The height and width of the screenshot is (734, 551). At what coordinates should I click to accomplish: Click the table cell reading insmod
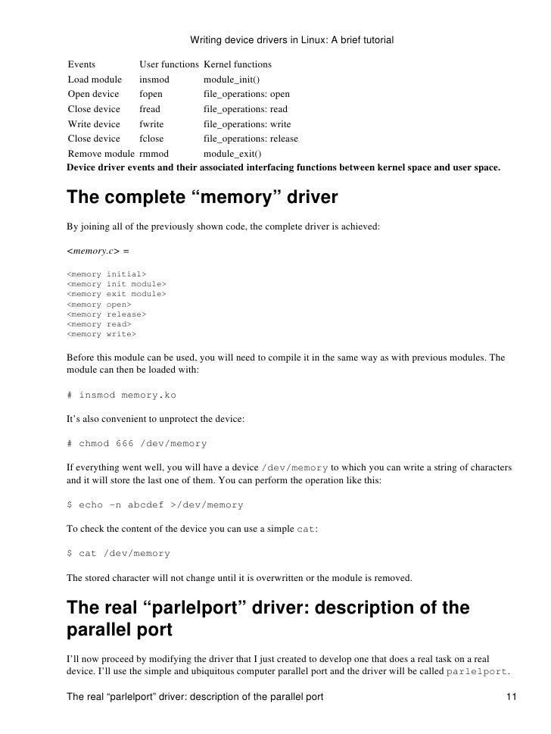pyautogui.click(x=154, y=80)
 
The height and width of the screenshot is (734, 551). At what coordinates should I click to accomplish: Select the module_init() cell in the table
pyautogui.click(x=232, y=80)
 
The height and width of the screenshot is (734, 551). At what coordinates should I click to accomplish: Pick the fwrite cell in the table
pyautogui.click(x=151, y=124)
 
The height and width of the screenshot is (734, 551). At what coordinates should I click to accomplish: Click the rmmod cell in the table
pyautogui.click(x=155, y=154)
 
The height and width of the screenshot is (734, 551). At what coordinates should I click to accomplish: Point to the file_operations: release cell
pyautogui.click(x=251, y=139)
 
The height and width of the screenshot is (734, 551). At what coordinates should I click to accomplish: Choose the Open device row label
pyautogui.click(x=93, y=95)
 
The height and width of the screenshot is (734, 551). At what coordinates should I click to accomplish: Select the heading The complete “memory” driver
pyautogui.click(x=202, y=198)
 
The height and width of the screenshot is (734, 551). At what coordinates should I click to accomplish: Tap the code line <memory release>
pyautogui.click(x=107, y=314)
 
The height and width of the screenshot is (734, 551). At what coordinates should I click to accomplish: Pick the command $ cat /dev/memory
pyautogui.click(x=119, y=553)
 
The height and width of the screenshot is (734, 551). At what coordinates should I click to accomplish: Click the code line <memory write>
pyautogui.click(x=101, y=333)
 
